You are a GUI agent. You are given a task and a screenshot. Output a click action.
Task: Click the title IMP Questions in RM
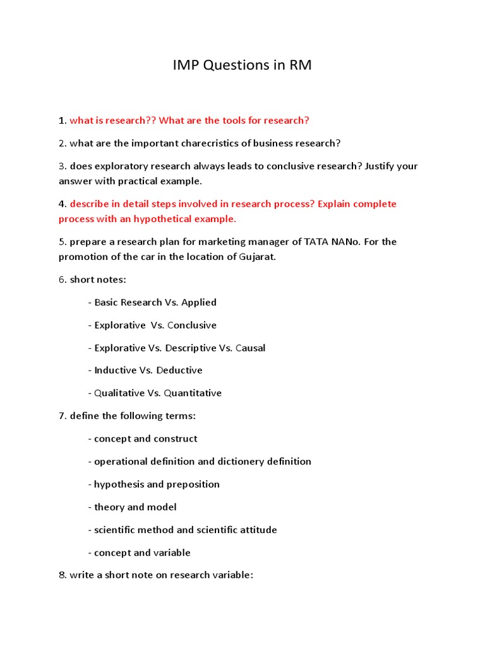point(242,66)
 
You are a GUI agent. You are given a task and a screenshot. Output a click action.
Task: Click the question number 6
point(62,279)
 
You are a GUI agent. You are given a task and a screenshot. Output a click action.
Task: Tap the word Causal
point(250,348)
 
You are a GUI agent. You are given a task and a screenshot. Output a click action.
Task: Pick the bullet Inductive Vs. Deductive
point(145,370)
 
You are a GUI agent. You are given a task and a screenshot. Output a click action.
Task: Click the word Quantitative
point(193,393)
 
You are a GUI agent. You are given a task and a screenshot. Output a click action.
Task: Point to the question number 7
point(62,416)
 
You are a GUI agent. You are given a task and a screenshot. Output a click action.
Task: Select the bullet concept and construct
point(143,438)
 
